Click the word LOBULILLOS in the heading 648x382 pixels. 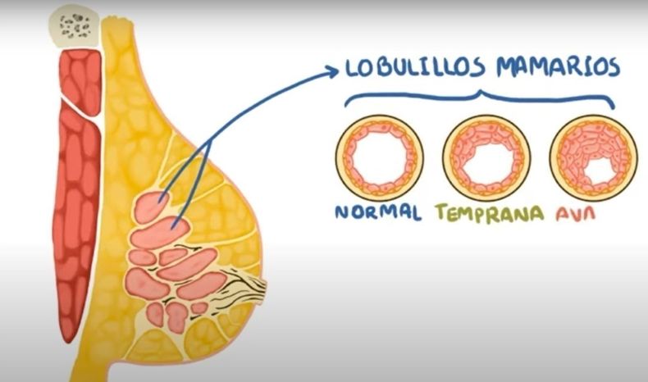[414, 67]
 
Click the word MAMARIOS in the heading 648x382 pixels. [559, 67]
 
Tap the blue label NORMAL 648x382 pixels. [378, 211]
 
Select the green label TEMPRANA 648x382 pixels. [490, 213]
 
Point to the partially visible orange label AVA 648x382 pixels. [575, 213]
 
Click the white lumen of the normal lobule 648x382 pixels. [380, 157]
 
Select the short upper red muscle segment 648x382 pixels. [81, 80]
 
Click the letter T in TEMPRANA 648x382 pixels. [442, 211]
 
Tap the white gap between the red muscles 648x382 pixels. [83, 108]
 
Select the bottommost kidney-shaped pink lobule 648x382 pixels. [176, 316]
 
